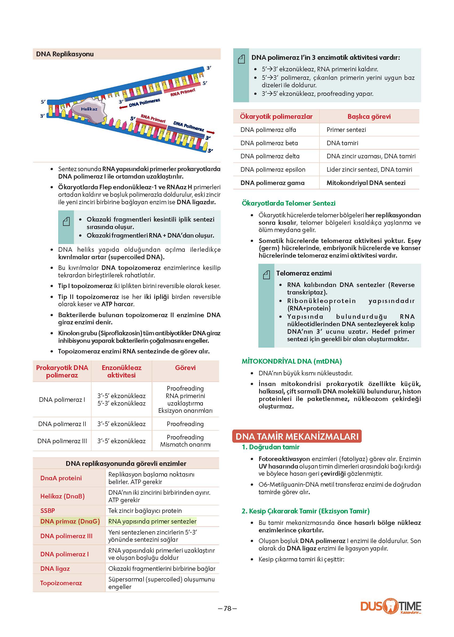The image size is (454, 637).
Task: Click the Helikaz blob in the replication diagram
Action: pyautogui.click(x=89, y=109)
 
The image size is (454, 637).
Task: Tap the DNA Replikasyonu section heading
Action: pyautogui.click(x=65, y=54)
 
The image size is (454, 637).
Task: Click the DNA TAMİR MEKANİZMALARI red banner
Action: pyautogui.click(x=297, y=437)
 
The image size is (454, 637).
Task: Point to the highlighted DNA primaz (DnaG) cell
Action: pyautogui.click(x=70, y=521)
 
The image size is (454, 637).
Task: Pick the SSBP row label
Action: pyautogui.click(x=48, y=511)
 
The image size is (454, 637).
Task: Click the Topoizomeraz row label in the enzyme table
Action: pyautogui.click(x=61, y=583)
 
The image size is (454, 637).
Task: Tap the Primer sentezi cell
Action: pyautogui.click(x=346, y=130)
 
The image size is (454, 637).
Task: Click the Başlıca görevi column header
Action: pyautogui.click(x=369, y=117)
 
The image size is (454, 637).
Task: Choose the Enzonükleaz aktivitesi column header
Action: pyautogui.click(x=121, y=371)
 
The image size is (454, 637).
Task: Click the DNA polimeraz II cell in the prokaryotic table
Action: pyautogui.click(x=62, y=424)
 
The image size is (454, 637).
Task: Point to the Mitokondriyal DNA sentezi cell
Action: pyautogui.click(x=366, y=183)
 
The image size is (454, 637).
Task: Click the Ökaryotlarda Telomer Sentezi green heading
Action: pyautogui.click(x=289, y=203)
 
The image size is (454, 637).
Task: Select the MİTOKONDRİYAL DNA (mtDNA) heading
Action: pyautogui.click(x=291, y=361)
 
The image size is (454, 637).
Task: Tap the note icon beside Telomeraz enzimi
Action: pyautogui.click(x=266, y=275)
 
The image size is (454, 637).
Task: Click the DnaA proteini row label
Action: pyautogui.click(x=61, y=478)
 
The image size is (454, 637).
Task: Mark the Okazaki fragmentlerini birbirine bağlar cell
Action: pyautogui.click(x=162, y=569)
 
